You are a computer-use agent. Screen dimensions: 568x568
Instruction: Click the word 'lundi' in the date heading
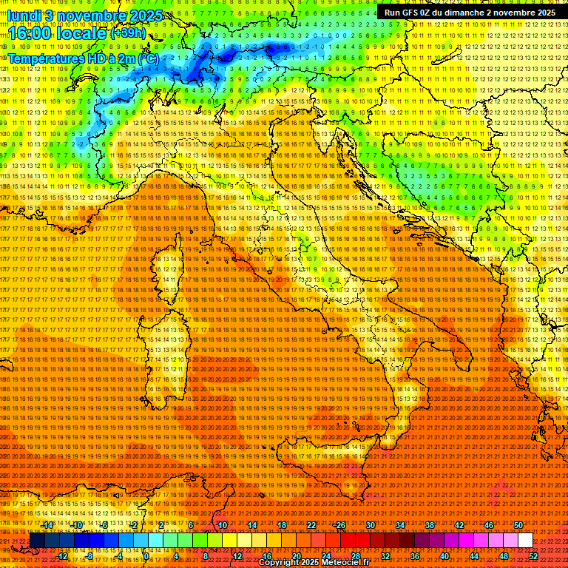coord(24,15)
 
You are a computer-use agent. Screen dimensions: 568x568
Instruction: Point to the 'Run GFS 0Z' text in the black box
coord(410,13)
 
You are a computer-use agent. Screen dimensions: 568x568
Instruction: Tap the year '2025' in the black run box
coord(544,13)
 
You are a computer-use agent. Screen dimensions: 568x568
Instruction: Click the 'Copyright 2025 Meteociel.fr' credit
coord(323,563)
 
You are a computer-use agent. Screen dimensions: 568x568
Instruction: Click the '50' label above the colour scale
coord(518,525)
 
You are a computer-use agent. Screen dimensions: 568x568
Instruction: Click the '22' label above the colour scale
coord(311,525)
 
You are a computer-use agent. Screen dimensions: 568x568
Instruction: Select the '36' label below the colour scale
coord(415,555)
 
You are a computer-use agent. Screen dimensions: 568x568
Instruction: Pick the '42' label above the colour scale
coord(459,525)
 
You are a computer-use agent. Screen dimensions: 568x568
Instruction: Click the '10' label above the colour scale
coord(223,525)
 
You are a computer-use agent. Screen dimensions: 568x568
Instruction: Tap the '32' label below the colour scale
coord(385,555)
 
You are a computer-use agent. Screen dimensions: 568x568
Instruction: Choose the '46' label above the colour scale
coord(489,525)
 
